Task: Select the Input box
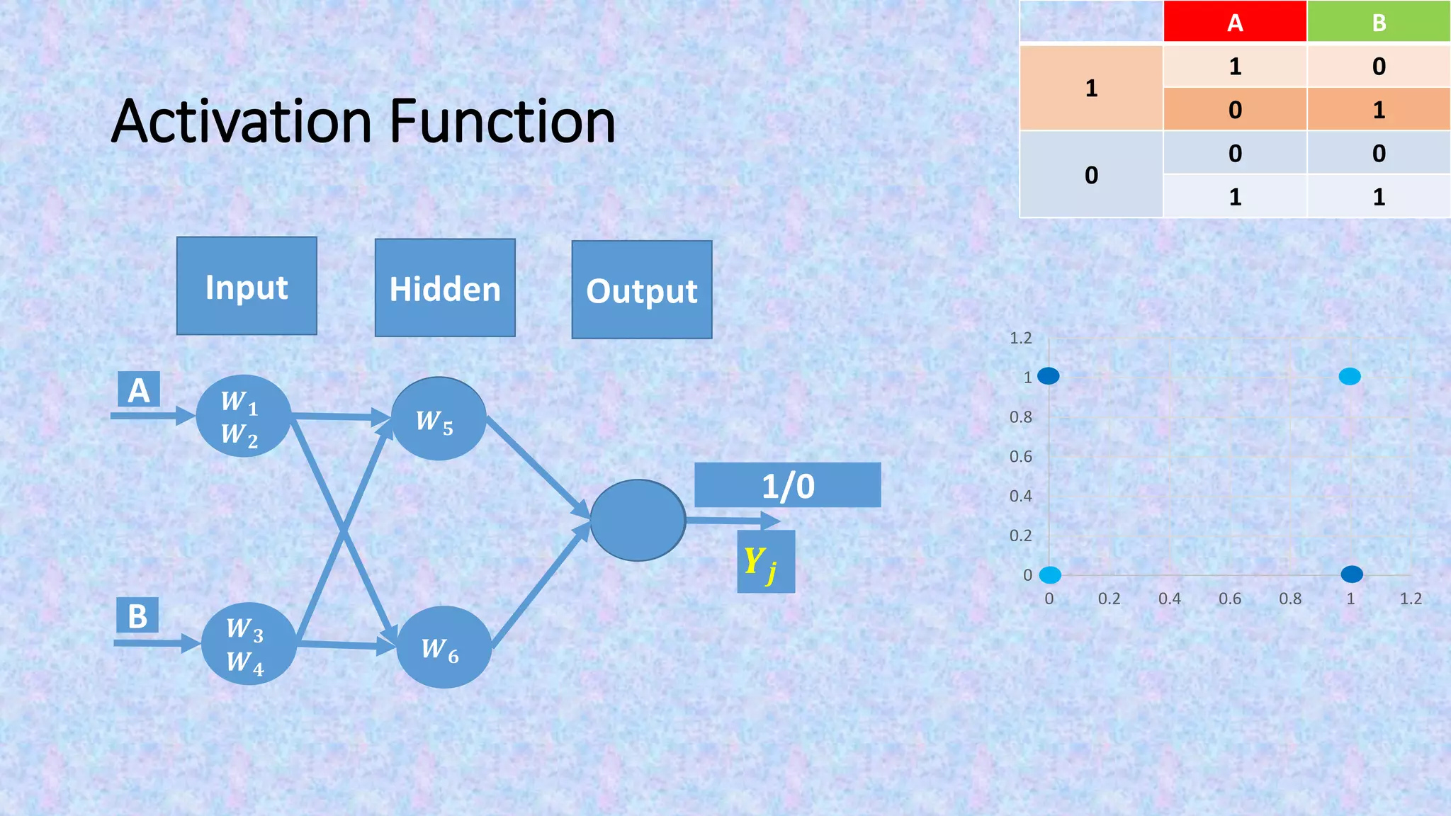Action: (247, 286)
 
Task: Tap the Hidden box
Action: (445, 288)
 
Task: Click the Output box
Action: (642, 290)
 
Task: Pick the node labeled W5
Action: (438, 419)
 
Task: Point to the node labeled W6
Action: (444, 647)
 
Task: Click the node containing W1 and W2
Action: (243, 416)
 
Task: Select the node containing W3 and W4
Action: (248, 644)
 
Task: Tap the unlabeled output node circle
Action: (637, 521)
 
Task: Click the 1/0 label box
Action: (787, 485)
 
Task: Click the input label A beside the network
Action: (138, 390)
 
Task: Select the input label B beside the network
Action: (137, 616)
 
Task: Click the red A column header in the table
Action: (1234, 22)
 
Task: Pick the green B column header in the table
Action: (1378, 22)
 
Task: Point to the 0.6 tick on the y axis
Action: (1020, 457)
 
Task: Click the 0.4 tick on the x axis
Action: (1169, 599)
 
